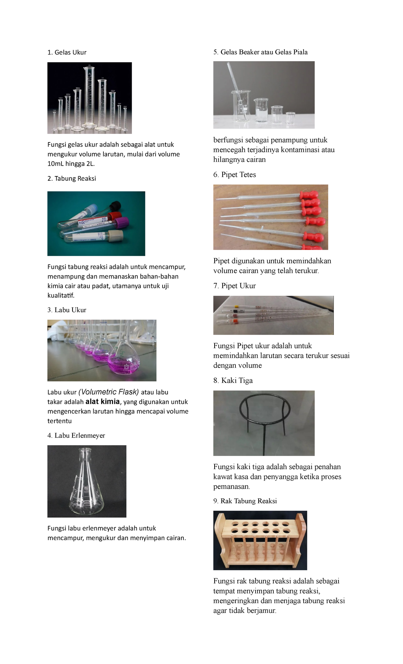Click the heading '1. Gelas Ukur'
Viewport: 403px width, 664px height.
pos(67,52)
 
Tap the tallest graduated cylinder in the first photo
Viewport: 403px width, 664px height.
pos(89,97)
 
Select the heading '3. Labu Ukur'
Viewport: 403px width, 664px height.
pos(67,310)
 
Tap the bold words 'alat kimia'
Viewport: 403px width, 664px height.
pos(102,402)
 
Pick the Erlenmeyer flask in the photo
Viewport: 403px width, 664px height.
pos(86,484)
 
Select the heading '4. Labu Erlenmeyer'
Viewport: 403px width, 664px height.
pos(76,435)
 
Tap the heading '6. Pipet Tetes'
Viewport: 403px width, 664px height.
pos(235,175)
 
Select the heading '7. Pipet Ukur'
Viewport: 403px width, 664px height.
pos(235,286)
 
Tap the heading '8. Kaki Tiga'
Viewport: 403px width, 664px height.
pos(233,381)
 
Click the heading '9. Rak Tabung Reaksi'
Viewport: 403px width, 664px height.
pos(245,501)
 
